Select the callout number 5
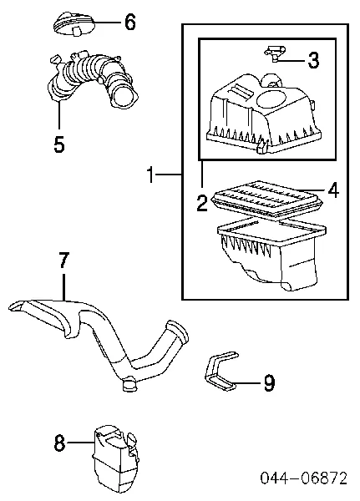pos(59,144)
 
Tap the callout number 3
pos(313,60)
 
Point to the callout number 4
pos(332,190)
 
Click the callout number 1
pos(150,175)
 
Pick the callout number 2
pos(202,203)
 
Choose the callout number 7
pos(64,260)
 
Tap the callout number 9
pos(269,382)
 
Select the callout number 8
pos(60,443)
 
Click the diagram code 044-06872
pos(304,478)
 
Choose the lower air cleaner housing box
pos(271,252)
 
